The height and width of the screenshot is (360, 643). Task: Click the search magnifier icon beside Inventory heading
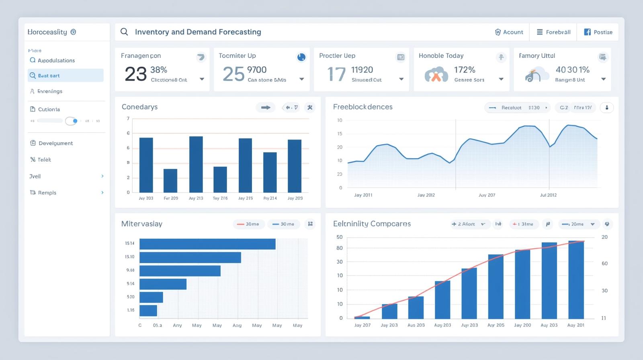click(124, 32)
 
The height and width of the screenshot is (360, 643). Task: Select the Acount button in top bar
click(509, 32)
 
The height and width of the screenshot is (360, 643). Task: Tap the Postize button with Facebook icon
click(598, 32)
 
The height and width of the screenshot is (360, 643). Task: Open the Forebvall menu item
click(553, 32)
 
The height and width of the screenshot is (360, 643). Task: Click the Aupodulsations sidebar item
click(56, 60)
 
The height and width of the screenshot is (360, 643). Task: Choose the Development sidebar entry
click(55, 143)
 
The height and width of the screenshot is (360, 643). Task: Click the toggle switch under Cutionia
click(72, 121)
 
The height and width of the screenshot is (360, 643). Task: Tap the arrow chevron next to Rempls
click(102, 192)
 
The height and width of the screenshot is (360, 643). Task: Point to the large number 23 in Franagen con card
click(135, 74)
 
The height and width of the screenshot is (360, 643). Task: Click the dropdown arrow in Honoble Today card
click(501, 79)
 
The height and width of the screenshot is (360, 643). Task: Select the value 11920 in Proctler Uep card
click(362, 70)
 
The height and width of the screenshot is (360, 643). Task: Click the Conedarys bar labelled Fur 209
click(170, 180)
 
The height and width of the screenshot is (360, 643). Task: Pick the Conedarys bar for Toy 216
click(220, 179)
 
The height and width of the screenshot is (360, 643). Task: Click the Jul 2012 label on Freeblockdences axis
click(548, 195)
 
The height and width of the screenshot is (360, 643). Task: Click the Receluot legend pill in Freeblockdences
click(517, 108)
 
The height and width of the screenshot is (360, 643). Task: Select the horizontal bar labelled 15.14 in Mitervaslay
click(207, 244)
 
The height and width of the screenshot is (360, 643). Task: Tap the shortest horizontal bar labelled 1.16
click(148, 311)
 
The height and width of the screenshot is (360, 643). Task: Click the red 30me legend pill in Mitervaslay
click(248, 224)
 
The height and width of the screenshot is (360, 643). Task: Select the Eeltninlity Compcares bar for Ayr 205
click(496, 286)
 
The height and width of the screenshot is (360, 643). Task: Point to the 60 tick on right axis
click(604, 264)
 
